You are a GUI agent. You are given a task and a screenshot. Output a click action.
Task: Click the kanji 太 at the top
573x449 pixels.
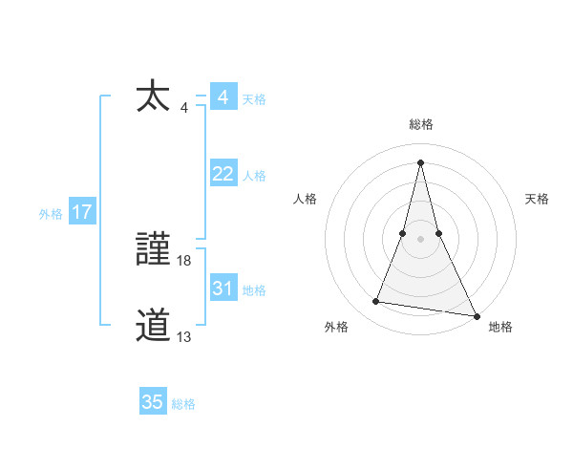153,96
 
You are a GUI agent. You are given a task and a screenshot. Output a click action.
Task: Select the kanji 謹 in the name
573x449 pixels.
153,251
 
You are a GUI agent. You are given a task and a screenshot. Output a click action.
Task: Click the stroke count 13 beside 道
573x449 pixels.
184,336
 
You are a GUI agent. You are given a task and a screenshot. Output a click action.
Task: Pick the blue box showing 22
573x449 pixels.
223,174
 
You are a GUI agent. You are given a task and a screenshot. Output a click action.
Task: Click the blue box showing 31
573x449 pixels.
223,289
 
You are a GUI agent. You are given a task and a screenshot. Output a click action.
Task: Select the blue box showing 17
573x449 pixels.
82,213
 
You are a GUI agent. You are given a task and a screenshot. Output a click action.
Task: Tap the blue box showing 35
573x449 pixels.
153,402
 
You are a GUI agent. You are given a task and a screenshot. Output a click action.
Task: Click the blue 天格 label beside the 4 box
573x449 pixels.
254,99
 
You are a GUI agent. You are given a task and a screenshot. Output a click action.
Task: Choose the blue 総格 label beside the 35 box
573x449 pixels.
183,404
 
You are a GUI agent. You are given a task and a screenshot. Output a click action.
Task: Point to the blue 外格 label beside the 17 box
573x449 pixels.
51,214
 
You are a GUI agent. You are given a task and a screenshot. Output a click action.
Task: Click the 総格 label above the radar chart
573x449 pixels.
421,124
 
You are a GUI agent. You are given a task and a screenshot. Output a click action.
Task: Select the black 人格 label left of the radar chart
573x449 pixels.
305,199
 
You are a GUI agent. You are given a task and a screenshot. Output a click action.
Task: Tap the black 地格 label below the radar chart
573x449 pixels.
500,327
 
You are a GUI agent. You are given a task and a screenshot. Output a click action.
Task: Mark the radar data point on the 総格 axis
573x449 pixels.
421,161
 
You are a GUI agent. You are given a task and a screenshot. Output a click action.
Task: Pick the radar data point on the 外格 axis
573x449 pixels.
376,302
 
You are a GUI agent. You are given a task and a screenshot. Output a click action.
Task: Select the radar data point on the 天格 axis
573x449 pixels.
438,232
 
